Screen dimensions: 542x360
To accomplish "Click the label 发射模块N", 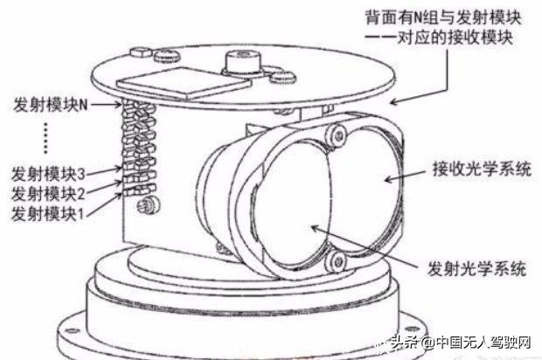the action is point(51,104).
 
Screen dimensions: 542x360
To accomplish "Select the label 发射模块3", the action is point(48,174).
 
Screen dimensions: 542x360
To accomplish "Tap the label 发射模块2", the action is point(48,193).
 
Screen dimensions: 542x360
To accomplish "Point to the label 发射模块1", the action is point(48,213).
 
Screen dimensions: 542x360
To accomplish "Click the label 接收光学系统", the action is point(482,170).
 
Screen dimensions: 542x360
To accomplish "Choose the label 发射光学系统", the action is point(477,268).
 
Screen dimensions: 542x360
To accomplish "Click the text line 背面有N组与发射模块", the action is point(443,17).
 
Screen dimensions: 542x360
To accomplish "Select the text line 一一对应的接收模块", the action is point(439,38).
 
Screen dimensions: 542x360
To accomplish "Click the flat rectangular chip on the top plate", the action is point(184,82).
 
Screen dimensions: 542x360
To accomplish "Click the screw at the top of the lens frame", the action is point(337,135).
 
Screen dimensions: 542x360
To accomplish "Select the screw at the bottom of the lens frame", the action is point(337,261).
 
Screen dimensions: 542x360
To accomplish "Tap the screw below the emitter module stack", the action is point(147,206).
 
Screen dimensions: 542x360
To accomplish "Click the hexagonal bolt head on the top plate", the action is point(141,52).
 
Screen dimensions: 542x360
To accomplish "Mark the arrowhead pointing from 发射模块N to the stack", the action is point(118,104).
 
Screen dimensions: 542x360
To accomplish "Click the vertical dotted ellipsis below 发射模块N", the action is point(46,138).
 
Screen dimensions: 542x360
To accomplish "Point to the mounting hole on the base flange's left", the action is point(72,330).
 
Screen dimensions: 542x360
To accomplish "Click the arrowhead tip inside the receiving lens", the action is point(385,179).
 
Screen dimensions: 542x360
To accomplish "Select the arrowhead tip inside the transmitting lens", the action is point(311,226).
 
